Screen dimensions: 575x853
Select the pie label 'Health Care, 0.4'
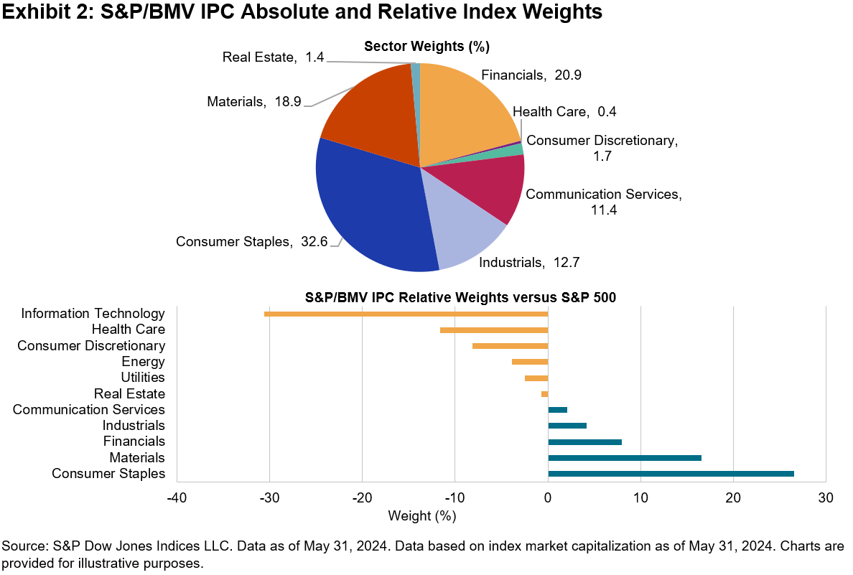564,111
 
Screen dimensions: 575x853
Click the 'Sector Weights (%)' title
426,47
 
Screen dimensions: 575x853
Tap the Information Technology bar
406,314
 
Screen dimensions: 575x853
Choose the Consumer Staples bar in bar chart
671,474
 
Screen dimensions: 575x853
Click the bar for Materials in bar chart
625,457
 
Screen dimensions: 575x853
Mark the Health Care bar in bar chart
494,330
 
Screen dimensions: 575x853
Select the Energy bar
530,362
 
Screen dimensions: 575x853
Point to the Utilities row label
143,378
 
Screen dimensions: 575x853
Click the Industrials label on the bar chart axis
134,426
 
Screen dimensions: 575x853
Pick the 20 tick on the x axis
733,497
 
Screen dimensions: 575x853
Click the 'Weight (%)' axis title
422,515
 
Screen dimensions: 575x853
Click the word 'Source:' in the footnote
23,546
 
